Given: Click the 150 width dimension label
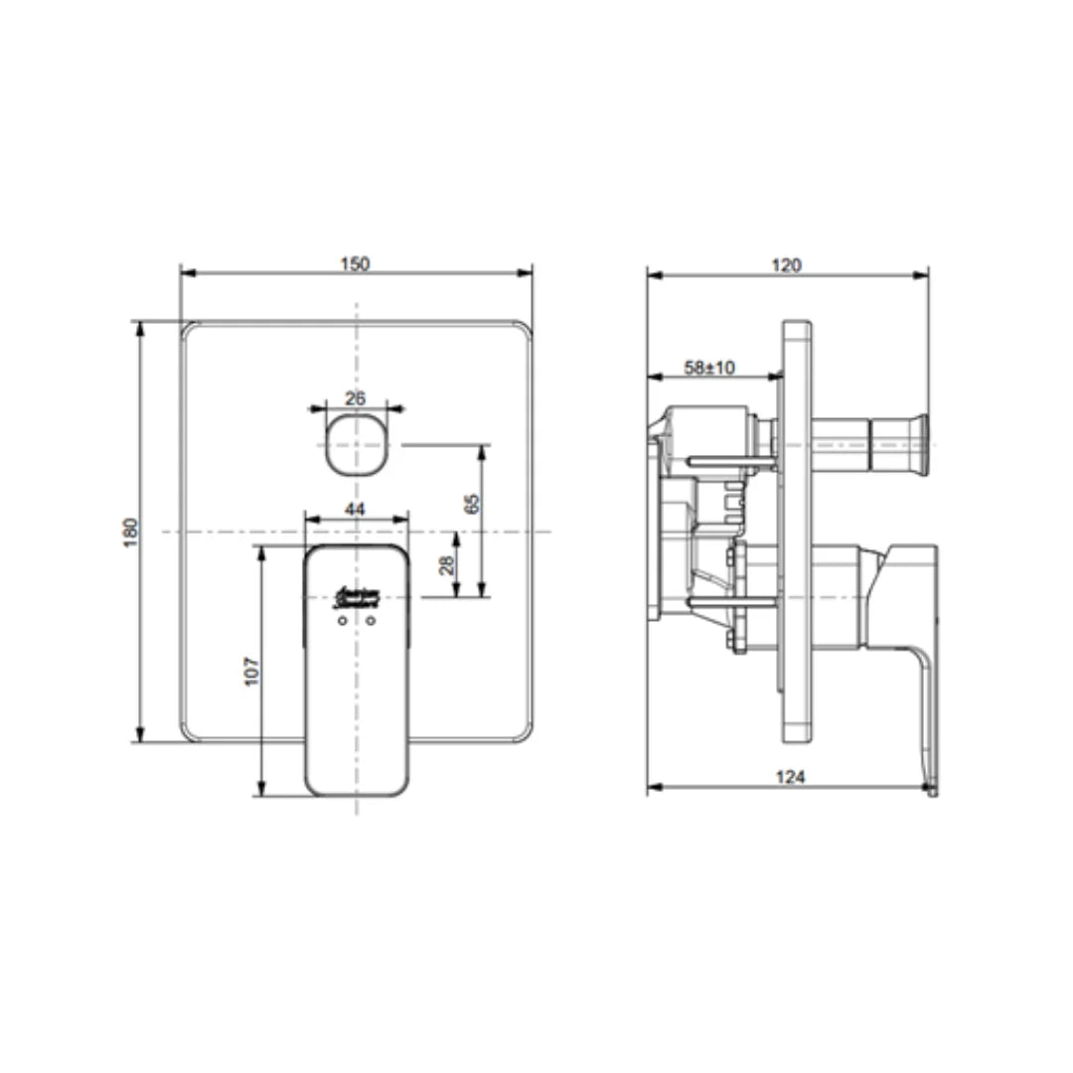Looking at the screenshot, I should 355,263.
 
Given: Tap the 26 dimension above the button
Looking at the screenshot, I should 355,397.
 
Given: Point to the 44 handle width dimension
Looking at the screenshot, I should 355,509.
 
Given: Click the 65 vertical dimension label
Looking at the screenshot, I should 473,503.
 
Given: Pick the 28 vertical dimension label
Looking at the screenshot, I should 447,564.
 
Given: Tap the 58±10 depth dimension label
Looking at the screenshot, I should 709,367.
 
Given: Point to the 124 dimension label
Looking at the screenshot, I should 789,777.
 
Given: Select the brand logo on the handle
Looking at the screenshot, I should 356,596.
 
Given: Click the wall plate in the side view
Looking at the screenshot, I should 797,532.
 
